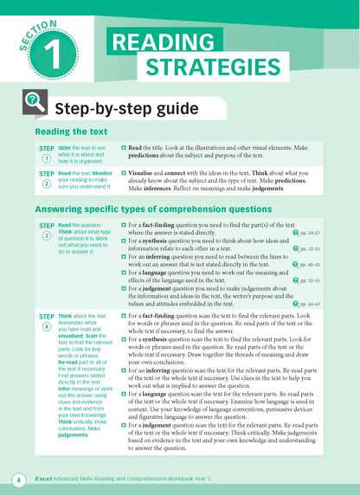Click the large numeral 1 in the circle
[50, 51]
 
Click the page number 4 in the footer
[16, 479]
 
